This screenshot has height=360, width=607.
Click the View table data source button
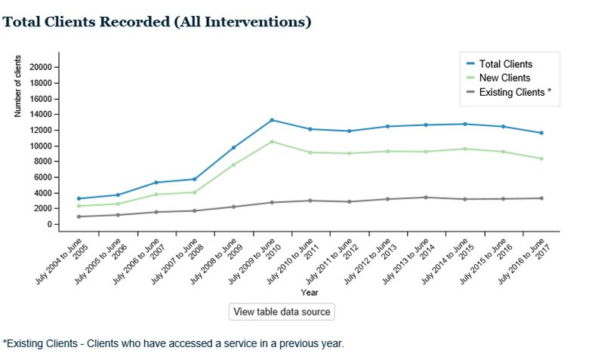(281, 312)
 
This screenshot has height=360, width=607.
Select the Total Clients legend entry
(505, 64)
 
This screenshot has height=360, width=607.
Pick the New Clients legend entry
(504, 78)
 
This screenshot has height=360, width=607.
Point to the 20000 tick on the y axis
(40, 67)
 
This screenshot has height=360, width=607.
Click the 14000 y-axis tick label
(40, 115)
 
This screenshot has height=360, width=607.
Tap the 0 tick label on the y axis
(49, 225)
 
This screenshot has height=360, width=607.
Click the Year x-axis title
(310, 292)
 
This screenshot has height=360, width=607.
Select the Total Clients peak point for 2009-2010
(272, 120)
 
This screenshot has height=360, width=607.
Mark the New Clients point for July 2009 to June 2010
(272, 142)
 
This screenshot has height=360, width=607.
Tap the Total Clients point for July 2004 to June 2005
(79, 198)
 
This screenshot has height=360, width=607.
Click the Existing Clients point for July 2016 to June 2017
(541, 198)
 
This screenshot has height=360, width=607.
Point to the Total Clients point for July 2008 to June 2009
(233, 147)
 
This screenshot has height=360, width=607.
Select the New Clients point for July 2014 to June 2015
(464, 149)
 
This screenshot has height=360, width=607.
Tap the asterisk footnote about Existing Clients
(174, 343)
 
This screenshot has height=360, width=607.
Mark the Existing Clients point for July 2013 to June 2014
(426, 198)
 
